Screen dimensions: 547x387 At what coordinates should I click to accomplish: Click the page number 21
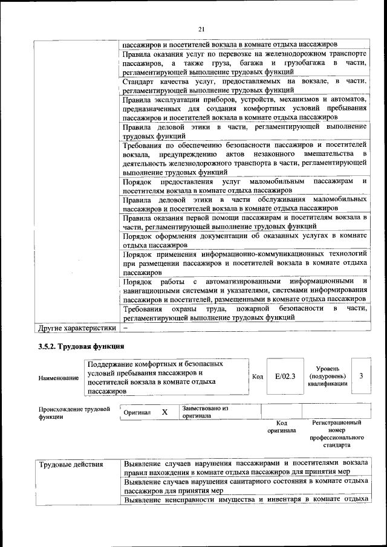201,28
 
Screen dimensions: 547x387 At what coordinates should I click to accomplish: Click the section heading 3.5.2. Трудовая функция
81,347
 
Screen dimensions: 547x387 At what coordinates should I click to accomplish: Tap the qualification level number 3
361,376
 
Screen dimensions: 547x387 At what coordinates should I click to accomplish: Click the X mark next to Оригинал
164,412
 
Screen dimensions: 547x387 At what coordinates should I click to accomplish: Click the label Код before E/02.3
258,377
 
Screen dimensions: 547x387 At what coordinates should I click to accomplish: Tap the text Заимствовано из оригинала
204,412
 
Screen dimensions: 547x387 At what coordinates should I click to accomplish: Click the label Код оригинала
281,427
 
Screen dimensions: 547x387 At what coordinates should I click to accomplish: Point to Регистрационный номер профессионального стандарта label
337,434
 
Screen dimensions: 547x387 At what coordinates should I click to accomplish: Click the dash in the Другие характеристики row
125,328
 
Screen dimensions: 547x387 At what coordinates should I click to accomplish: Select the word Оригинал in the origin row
137,412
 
